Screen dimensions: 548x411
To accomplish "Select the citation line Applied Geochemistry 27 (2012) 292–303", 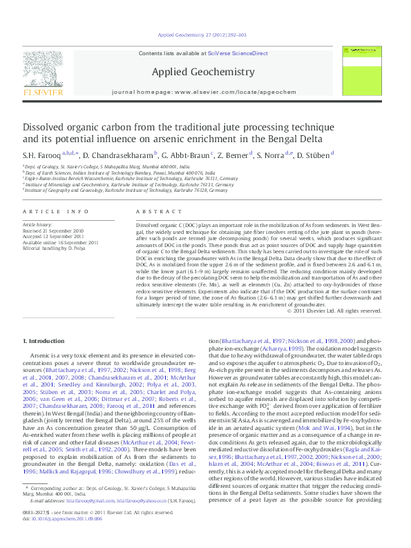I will click(204, 34).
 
